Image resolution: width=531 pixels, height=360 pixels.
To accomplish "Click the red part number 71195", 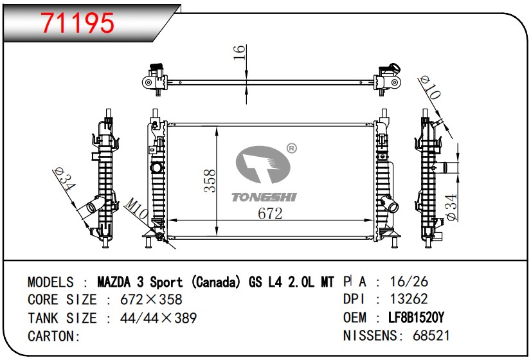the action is [x=78, y=23].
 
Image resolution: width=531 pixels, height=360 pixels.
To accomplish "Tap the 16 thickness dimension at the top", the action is [x=239, y=52].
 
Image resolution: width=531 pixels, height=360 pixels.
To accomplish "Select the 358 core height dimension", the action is [x=210, y=181].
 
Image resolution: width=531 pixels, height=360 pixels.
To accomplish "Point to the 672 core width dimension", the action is [x=270, y=213].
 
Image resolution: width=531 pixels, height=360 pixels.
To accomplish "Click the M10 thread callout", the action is [x=136, y=208].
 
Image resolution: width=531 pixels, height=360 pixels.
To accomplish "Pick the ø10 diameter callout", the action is [x=429, y=87].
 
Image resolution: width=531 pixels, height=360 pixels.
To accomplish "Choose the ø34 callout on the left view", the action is [x=64, y=179].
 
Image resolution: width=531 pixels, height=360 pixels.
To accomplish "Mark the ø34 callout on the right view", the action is [x=452, y=207].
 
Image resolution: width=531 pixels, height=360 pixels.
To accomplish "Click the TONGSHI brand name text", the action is [x=264, y=197].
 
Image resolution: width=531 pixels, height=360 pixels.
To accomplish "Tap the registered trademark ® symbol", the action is [x=292, y=148].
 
